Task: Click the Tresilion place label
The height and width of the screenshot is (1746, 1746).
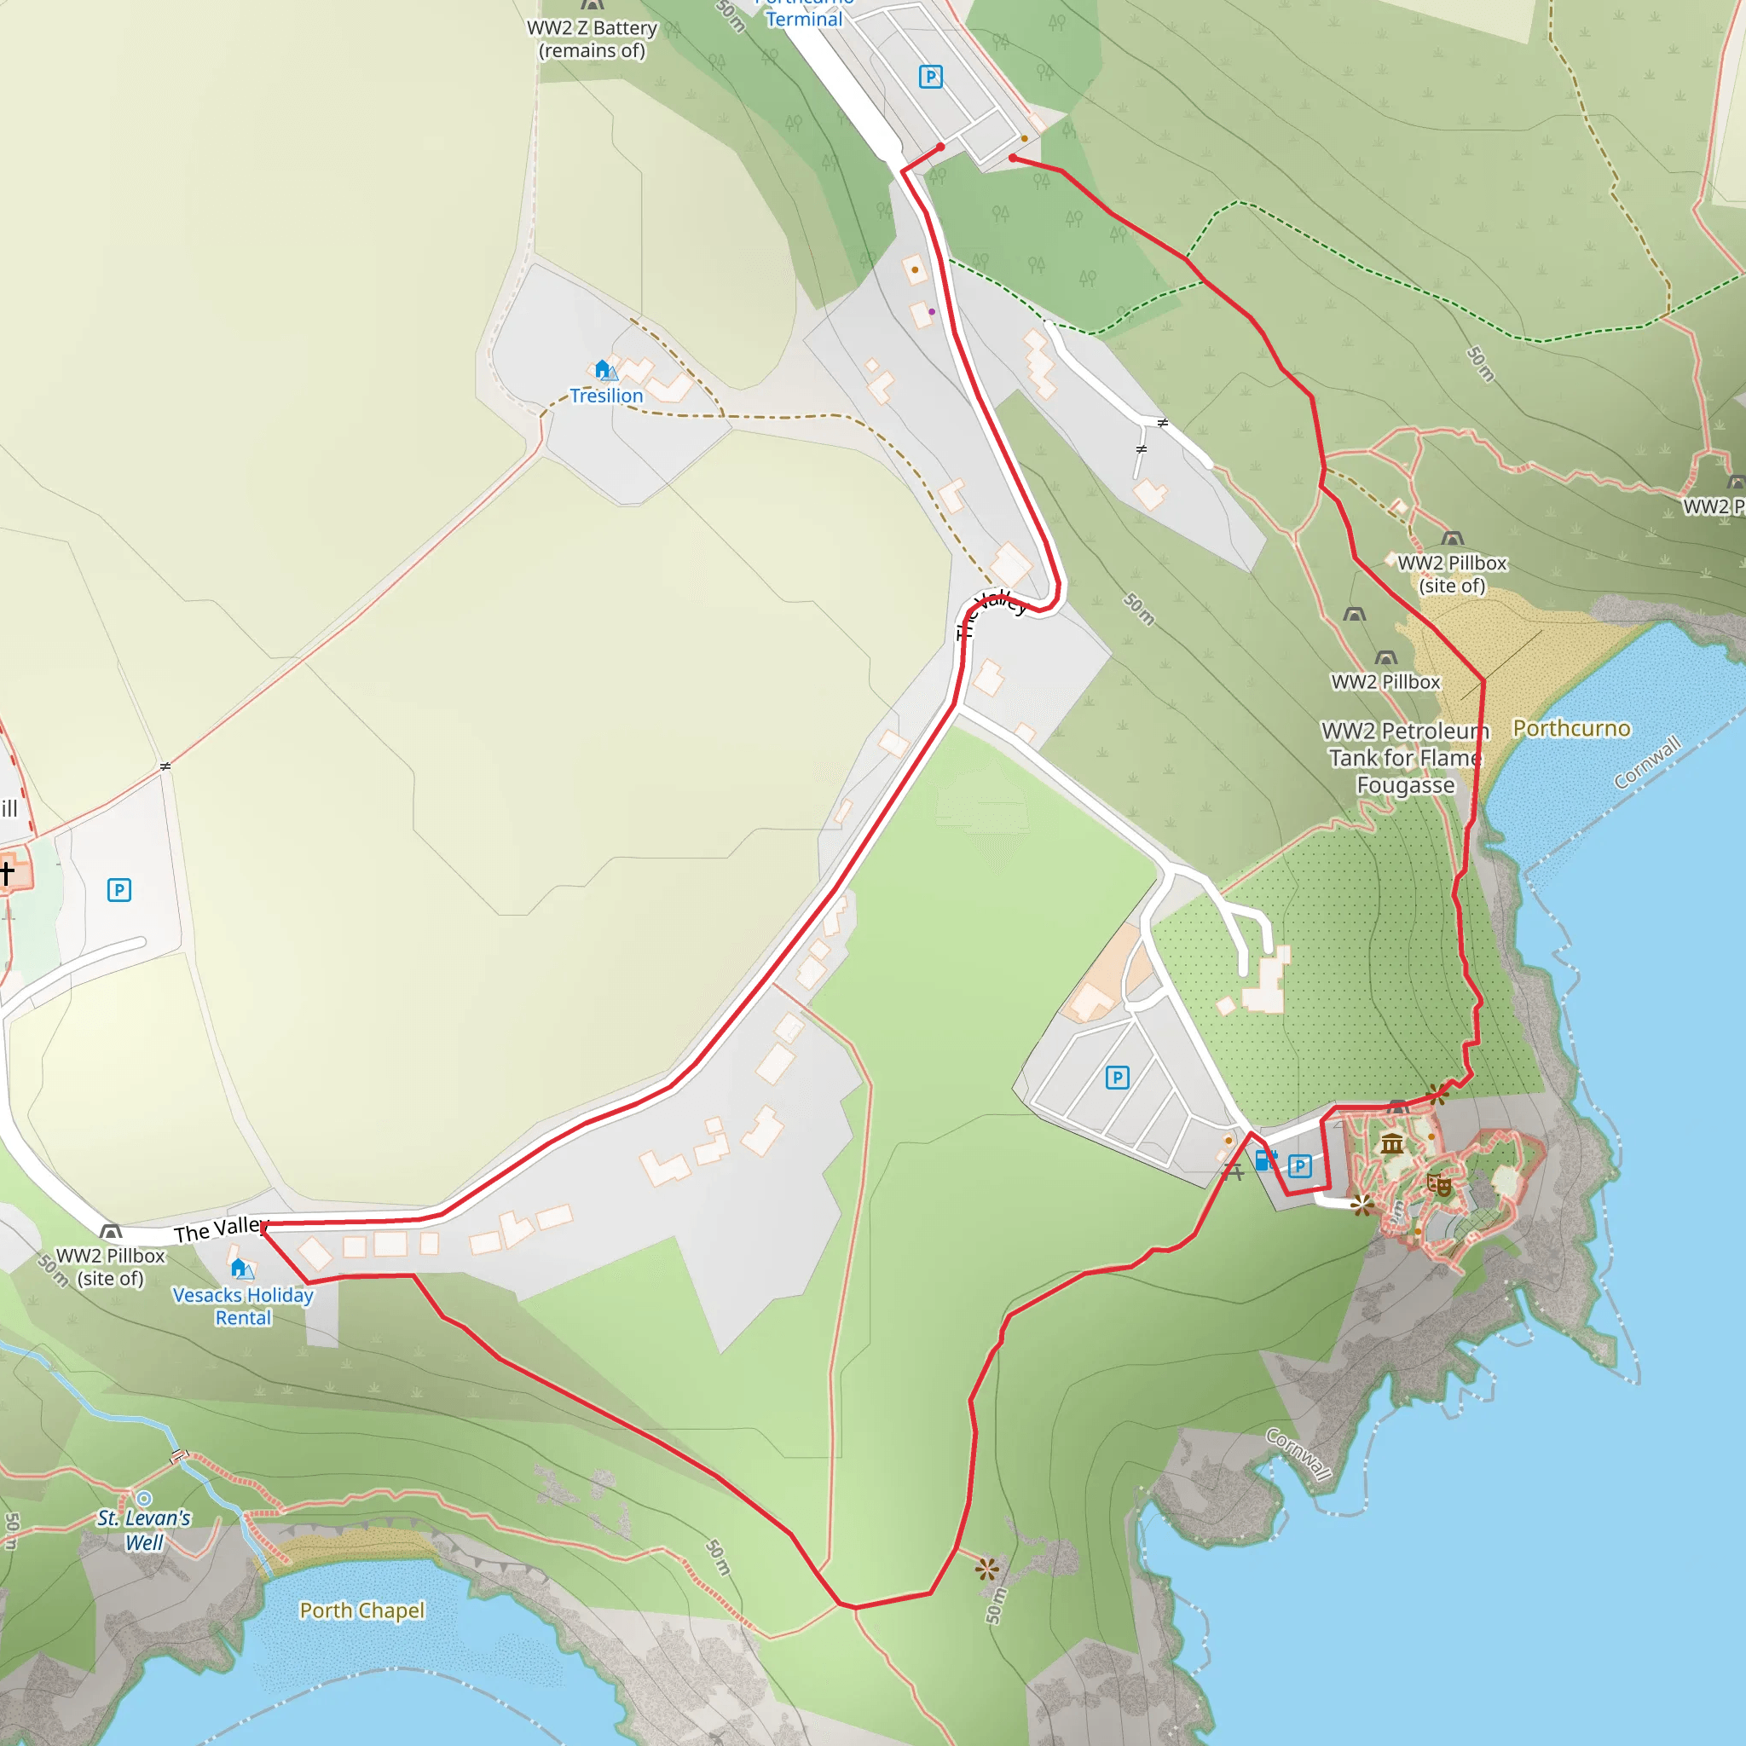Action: [606, 396]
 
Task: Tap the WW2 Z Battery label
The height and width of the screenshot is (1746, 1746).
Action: [592, 39]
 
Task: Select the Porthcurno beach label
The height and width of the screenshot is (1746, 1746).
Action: [1571, 728]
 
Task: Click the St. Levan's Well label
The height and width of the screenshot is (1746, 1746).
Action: [145, 1530]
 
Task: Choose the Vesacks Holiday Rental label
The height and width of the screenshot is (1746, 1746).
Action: [243, 1306]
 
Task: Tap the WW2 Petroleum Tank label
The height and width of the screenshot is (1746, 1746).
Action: [1405, 757]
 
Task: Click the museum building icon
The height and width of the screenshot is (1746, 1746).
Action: [1391, 1145]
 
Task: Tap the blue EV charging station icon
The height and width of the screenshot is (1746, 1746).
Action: [1265, 1160]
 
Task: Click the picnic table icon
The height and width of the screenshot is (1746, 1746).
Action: [1234, 1173]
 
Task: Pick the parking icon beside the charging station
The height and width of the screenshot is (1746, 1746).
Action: [1299, 1165]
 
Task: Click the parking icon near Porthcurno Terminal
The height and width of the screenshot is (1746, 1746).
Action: [931, 77]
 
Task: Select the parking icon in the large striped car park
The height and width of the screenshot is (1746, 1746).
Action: [1118, 1078]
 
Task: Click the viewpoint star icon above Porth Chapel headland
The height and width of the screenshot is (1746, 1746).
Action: [988, 1569]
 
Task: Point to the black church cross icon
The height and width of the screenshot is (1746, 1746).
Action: [6, 873]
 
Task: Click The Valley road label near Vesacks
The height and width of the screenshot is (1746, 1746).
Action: [220, 1230]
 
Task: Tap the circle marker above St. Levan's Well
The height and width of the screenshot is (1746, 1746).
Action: [144, 1500]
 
